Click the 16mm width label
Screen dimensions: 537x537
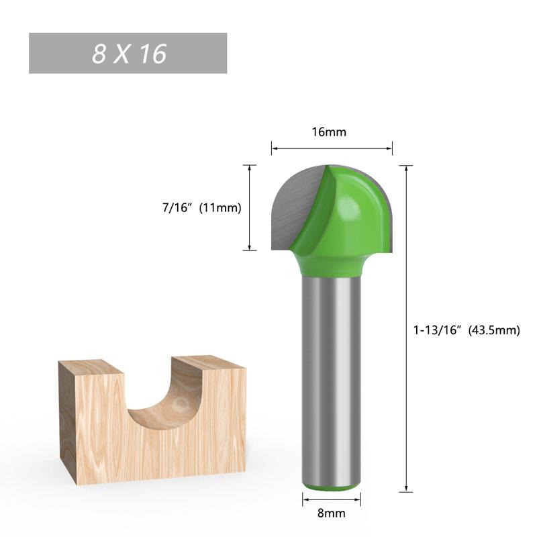point(329,132)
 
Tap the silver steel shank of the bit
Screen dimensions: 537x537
point(331,376)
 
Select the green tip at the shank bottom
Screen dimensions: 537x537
point(331,486)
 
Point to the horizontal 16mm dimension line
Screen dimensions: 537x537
point(331,148)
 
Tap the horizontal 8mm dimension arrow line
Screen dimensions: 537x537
point(331,499)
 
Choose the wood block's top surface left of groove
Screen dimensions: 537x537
point(91,367)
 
